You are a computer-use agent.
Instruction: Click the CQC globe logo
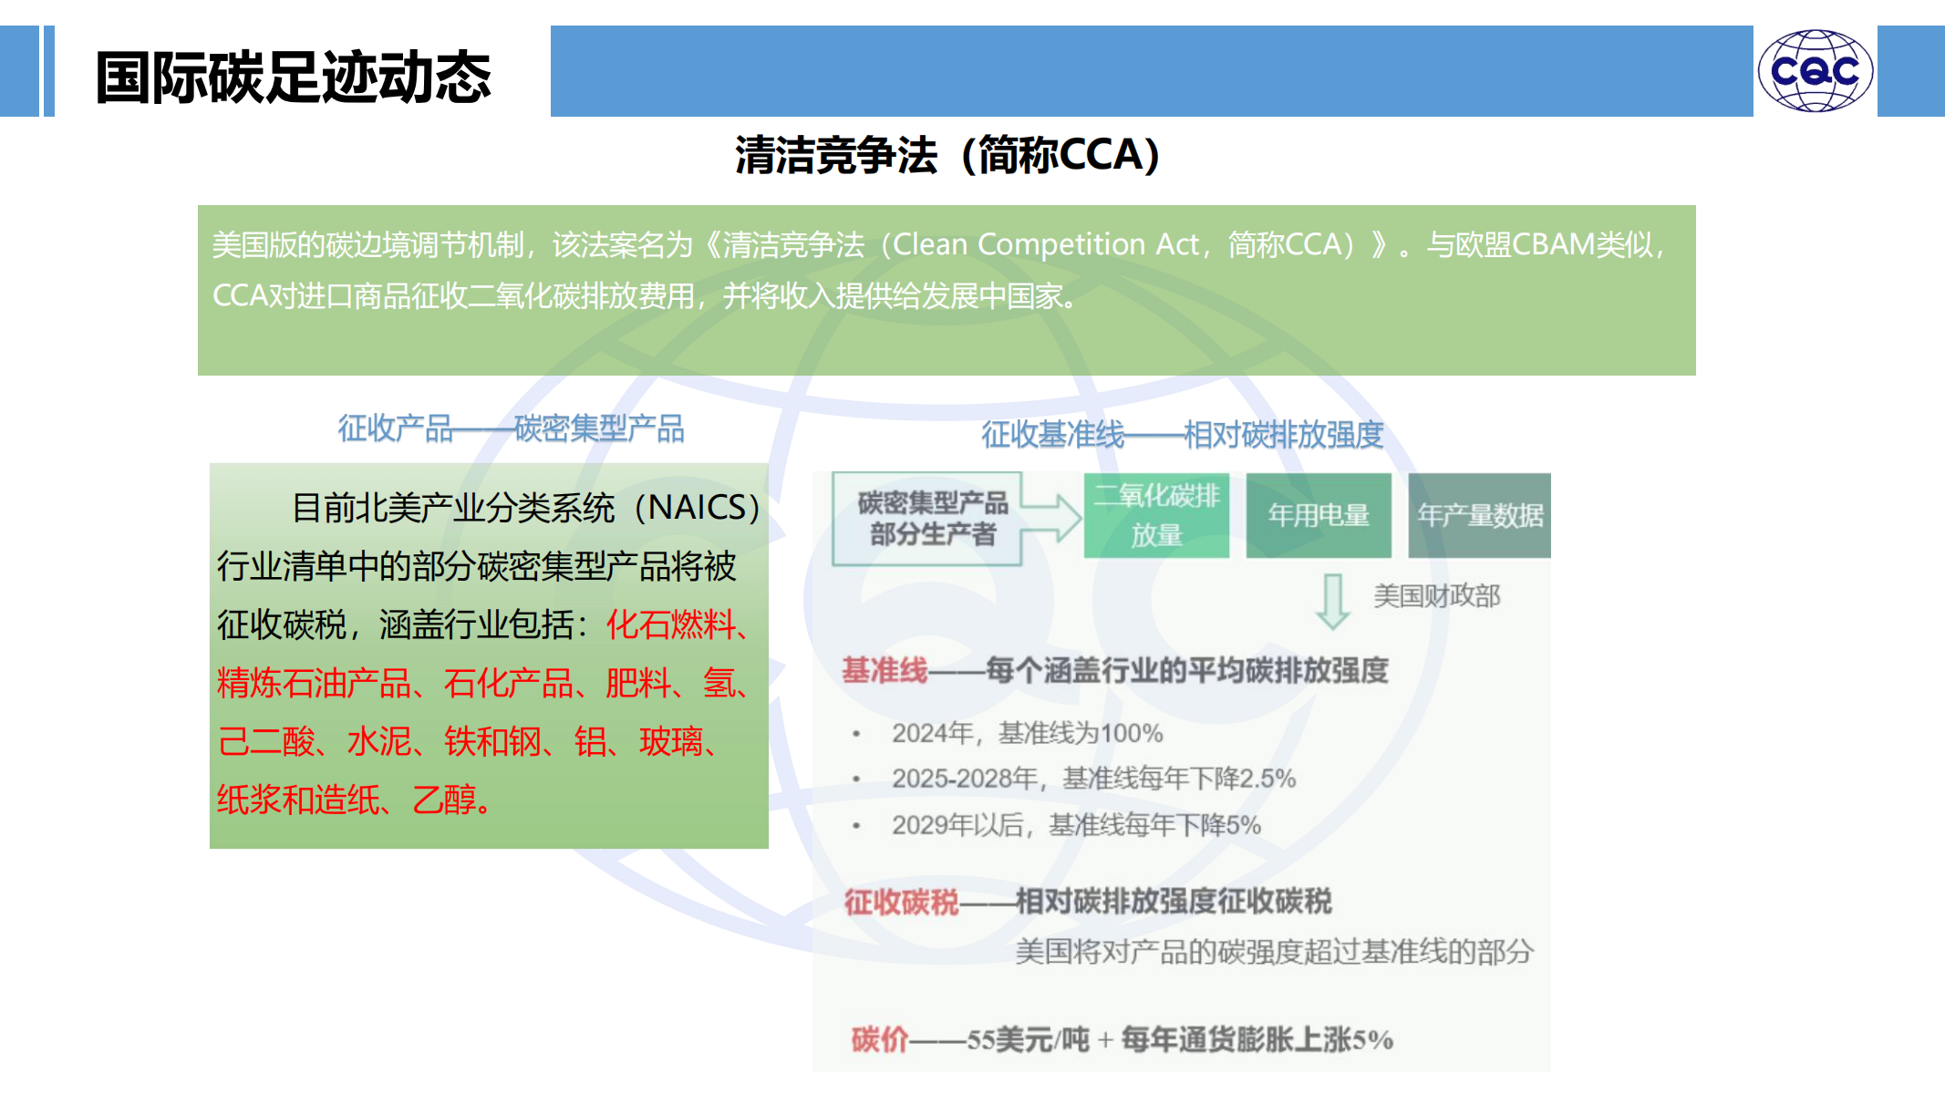coord(1815,71)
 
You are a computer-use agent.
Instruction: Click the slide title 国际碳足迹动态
coord(294,77)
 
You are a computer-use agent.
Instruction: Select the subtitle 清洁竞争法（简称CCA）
coord(948,155)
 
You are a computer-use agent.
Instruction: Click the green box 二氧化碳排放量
coord(1156,515)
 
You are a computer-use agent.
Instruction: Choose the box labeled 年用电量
coord(1319,515)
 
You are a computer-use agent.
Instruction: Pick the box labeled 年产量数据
coord(1479,515)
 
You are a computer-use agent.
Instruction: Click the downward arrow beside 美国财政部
coord(1333,602)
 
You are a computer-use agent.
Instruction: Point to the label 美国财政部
coord(1437,596)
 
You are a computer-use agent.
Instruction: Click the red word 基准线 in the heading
coord(885,671)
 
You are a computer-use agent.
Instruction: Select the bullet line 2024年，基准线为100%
coord(1028,733)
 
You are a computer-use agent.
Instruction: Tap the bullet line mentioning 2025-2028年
coord(1094,779)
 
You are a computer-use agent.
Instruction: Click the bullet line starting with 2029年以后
coord(1077,825)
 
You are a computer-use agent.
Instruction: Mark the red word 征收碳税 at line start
coord(901,902)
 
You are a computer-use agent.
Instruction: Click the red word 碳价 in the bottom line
coord(880,1039)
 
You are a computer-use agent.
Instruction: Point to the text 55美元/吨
coord(1028,1039)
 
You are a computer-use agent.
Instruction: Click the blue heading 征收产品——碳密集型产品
coord(511,428)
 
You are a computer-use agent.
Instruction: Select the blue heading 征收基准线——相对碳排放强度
coord(1183,435)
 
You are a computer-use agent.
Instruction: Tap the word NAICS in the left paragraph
coord(698,507)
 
